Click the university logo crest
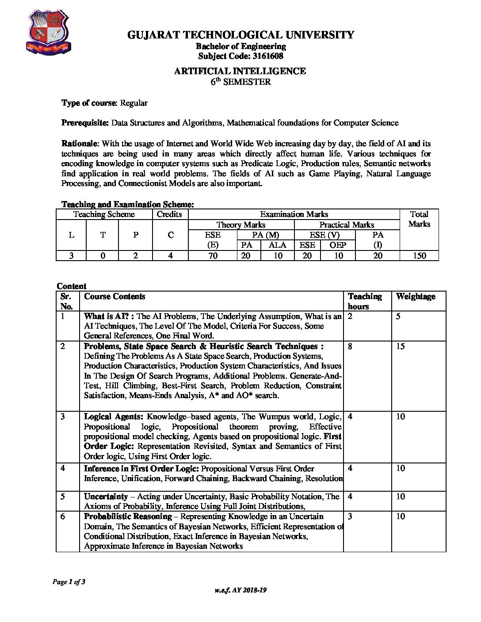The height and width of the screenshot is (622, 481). tap(49, 32)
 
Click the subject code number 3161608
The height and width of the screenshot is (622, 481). tap(267, 56)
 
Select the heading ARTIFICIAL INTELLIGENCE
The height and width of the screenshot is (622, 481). tap(240, 71)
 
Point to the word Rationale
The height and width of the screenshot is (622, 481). tap(79, 144)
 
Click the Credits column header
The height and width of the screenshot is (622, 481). tap(170, 214)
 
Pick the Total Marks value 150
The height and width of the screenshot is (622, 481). tap(419, 255)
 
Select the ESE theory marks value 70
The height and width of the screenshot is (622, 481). tap(213, 255)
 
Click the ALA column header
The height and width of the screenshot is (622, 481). tap(277, 245)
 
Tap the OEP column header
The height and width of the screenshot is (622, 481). tap(338, 245)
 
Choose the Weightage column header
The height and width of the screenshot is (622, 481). tap(415, 296)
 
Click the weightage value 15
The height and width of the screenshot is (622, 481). tap(400, 346)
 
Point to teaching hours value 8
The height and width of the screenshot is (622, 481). tap(350, 346)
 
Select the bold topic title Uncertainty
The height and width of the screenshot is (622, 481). tap(106, 497)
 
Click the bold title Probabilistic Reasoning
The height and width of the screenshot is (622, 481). tap(128, 516)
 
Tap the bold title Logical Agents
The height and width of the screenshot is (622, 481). tap(113, 417)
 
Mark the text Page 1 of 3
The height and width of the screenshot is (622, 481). tap(69, 582)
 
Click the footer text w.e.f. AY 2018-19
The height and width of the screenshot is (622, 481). tap(240, 590)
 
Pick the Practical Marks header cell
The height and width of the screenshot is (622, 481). tap(347, 225)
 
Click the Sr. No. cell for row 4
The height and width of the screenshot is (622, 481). tap(63, 468)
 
